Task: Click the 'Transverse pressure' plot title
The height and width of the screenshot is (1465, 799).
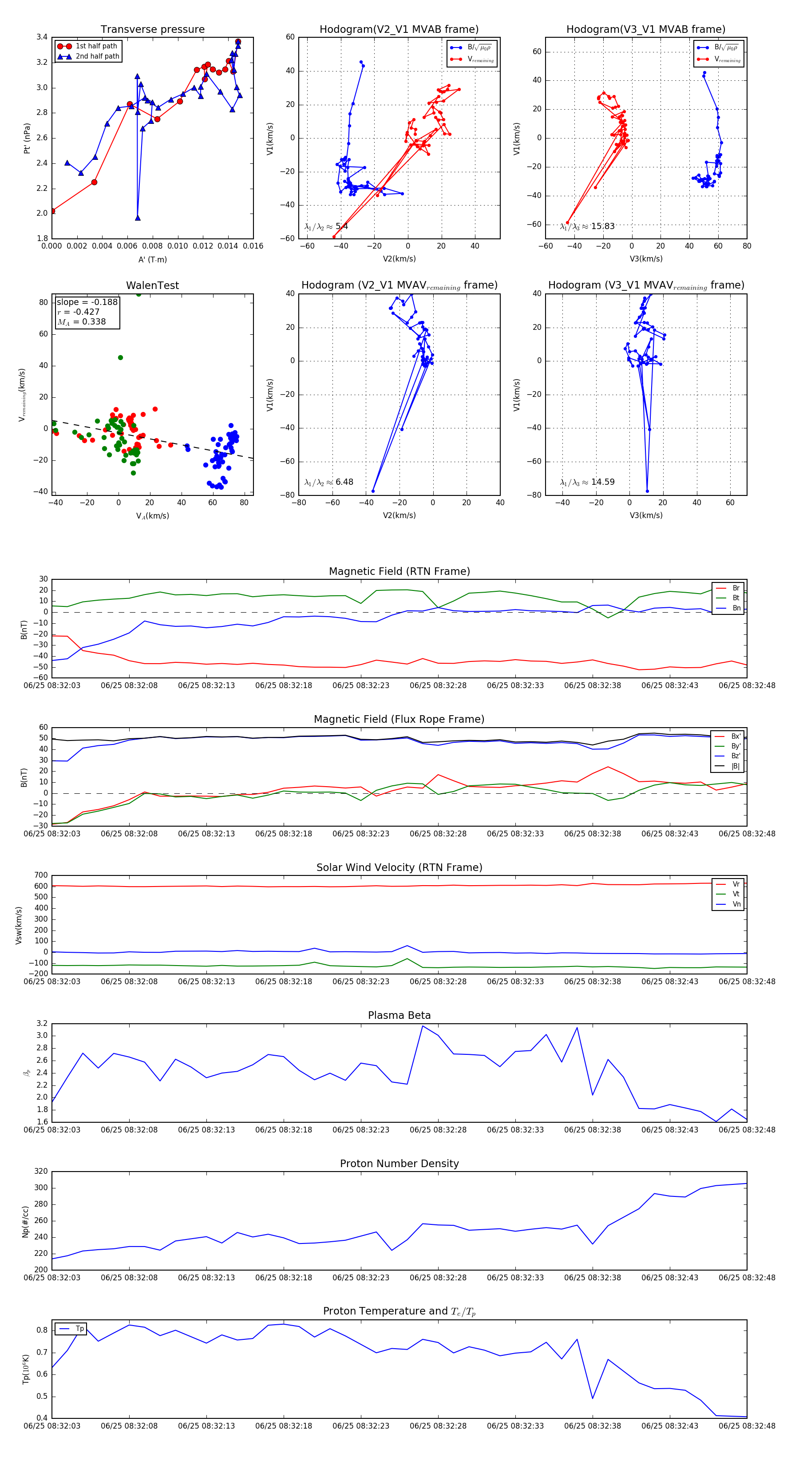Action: [x=152, y=30]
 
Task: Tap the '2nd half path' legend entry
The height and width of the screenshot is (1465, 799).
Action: [x=97, y=56]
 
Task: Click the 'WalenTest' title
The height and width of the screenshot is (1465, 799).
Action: [x=152, y=285]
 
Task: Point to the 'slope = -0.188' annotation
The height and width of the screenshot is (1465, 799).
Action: [x=87, y=302]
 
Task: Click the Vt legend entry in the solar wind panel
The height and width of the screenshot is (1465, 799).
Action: [x=736, y=894]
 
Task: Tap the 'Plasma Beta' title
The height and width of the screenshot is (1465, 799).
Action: [x=399, y=1015]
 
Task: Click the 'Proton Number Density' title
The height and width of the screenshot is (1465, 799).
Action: [x=399, y=1164]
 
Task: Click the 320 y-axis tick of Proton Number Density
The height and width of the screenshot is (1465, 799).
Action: [x=41, y=1172]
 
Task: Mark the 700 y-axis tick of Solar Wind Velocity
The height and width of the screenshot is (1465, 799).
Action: [x=41, y=875]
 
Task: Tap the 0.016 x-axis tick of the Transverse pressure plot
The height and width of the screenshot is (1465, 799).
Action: [x=253, y=246]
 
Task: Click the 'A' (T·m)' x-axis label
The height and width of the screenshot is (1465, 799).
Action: [x=152, y=259]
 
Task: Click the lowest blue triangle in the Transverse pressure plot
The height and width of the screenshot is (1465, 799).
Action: [x=138, y=218]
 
